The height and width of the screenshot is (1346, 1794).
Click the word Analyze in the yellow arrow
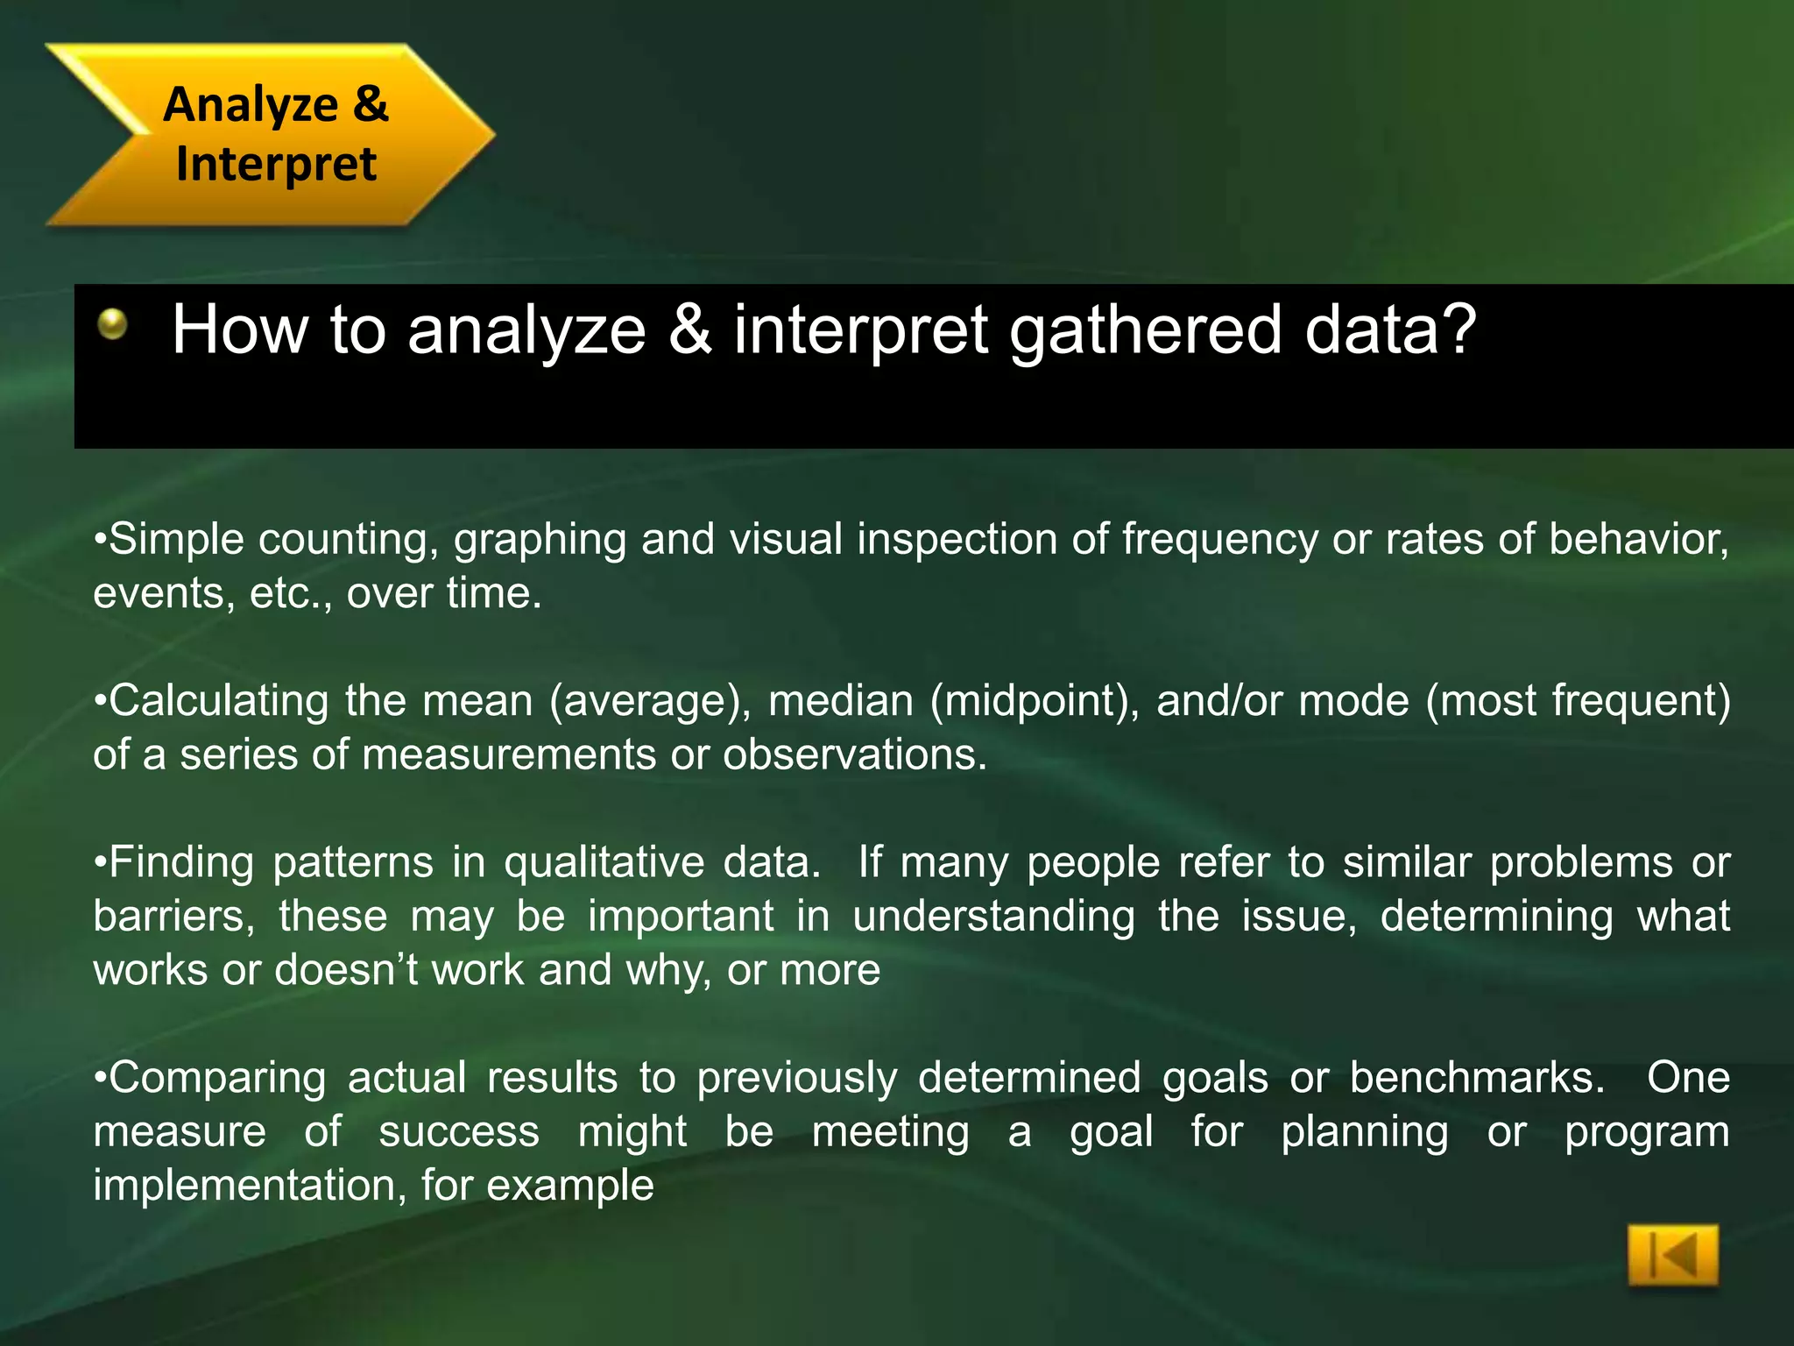click(251, 104)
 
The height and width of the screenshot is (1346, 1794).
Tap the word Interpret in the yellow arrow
click(276, 164)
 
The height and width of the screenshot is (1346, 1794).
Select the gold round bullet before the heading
click(112, 325)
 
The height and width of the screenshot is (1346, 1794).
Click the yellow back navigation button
click(1672, 1256)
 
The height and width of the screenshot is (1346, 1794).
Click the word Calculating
click(219, 701)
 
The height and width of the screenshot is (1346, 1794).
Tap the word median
click(841, 701)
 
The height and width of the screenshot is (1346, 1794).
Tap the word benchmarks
click(1477, 1078)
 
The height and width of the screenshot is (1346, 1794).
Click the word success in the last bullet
click(459, 1131)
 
